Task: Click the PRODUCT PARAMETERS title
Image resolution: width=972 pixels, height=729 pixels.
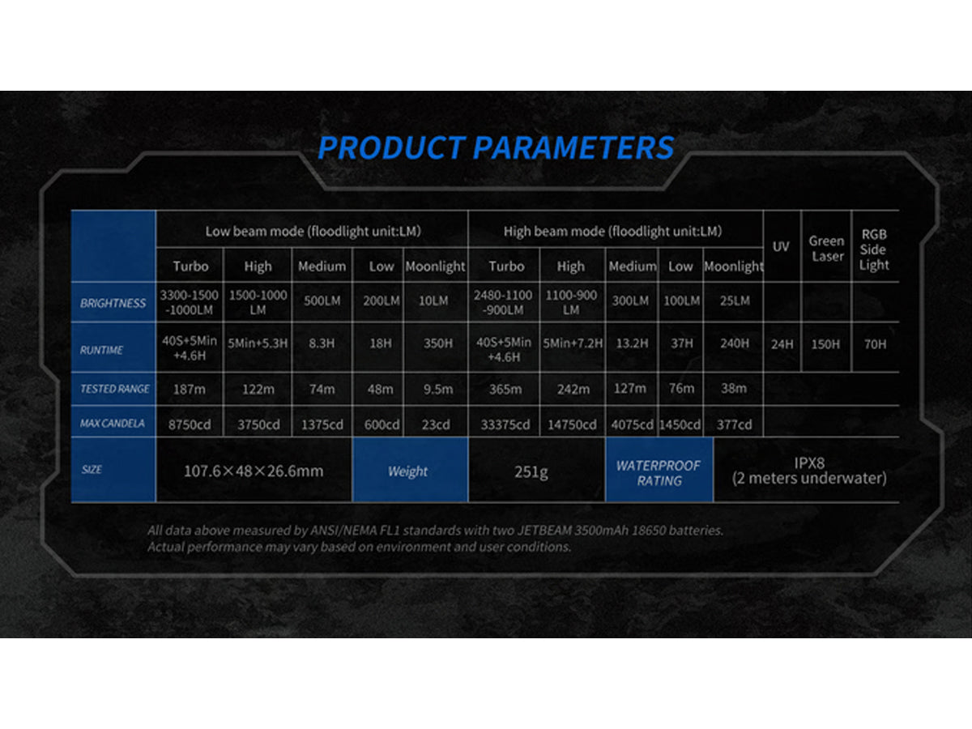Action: tap(496, 147)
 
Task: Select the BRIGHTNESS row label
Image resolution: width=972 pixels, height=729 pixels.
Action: tap(113, 303)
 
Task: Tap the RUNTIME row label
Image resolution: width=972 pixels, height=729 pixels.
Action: tap(101, 350)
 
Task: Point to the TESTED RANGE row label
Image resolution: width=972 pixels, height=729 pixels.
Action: tap(115, 389)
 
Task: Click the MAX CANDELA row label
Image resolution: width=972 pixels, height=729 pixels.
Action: tap(112, 423)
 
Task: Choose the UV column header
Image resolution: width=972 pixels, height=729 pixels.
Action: tap(781, 246)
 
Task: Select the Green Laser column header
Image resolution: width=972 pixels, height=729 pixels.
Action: tap(827, 249)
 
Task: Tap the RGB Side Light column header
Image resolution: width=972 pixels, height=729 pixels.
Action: tap(874, 249)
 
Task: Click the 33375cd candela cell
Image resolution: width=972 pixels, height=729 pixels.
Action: tap(505, 424)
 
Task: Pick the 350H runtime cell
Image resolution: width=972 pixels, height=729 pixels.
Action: tap(438, 343)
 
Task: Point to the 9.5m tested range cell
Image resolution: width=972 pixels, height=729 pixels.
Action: tap(438, 389)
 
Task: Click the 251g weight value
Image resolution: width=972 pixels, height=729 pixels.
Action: tap(531, 472)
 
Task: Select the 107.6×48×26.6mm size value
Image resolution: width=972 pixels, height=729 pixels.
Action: tap(254, 471)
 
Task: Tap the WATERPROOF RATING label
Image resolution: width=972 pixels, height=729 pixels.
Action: tap(659, 473)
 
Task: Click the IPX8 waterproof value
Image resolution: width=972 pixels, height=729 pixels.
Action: tap(809, 463)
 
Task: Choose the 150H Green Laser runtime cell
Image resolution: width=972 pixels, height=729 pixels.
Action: tap(825, 344)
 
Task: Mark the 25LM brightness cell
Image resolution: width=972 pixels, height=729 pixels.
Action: tap(735, 301)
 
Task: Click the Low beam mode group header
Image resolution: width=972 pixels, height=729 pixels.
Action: tap(313, 231)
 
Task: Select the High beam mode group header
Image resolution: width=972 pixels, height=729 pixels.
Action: tap(612, 231)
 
